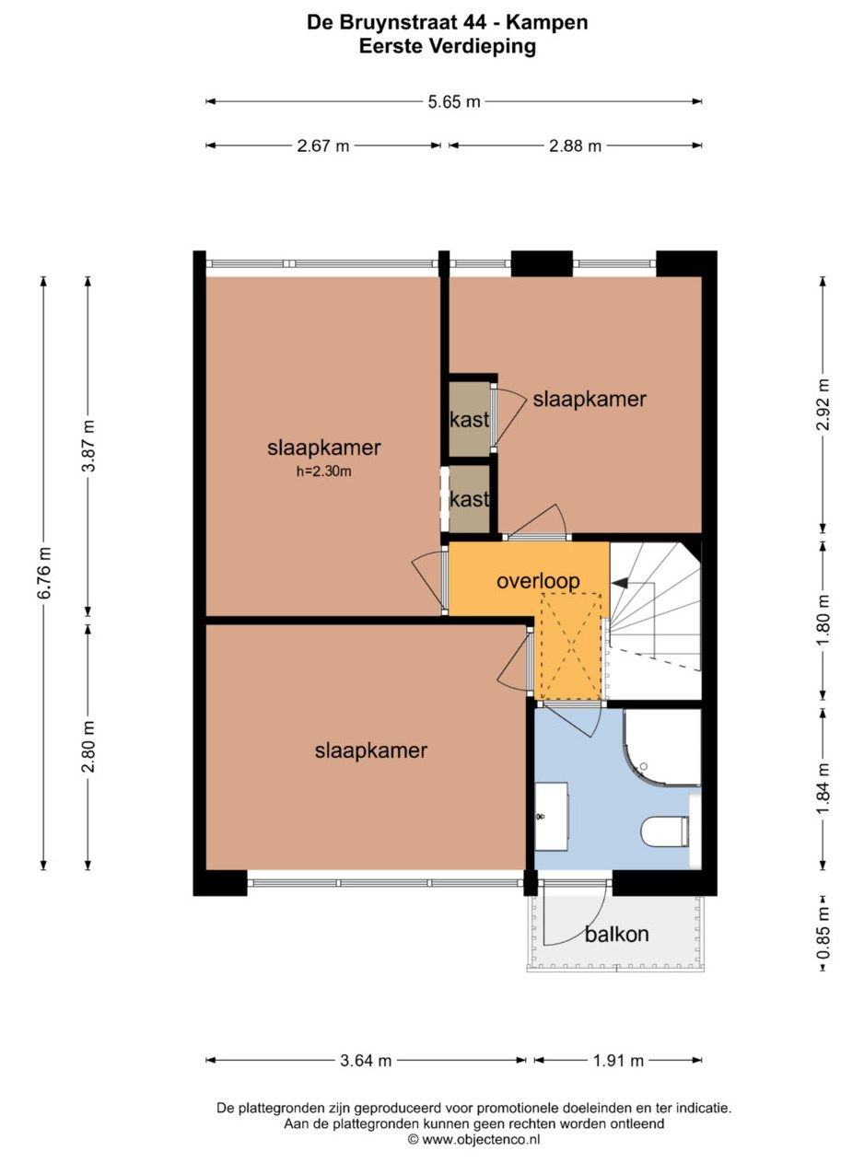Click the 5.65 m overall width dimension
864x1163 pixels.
coord(454,101)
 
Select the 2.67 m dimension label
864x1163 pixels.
coord(322,145)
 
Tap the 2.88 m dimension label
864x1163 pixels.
coord(575,145)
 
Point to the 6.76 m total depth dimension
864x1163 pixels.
coord(44,572)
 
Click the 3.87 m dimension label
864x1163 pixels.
coord(88,447)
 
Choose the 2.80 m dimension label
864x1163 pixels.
coord(88,746)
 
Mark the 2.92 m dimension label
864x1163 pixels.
coord(823,404)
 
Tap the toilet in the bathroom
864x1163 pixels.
coord(665,832)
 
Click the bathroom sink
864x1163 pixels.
coord(552,817)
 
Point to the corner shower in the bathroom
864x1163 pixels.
coord(662,748)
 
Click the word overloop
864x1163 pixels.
coord(538,581)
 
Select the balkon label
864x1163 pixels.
coord(616,934)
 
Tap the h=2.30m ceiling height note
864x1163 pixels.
coord(323,471)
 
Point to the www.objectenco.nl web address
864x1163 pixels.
coord(474,1139)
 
